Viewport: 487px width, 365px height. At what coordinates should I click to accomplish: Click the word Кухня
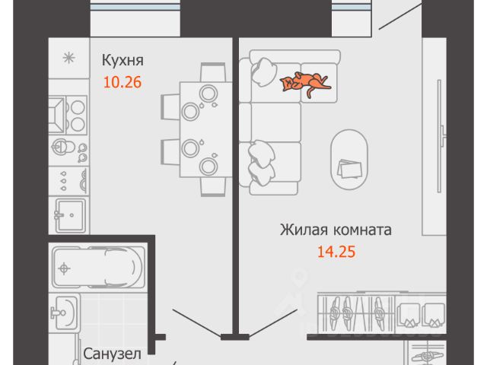123,60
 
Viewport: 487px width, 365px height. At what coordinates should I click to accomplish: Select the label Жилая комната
336,230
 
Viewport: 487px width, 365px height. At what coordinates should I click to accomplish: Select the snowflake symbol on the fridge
67,58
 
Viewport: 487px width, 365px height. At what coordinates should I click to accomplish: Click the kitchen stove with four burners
68,113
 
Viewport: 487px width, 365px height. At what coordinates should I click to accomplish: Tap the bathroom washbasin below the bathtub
65,311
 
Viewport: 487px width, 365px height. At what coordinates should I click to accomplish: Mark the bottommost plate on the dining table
206,165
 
